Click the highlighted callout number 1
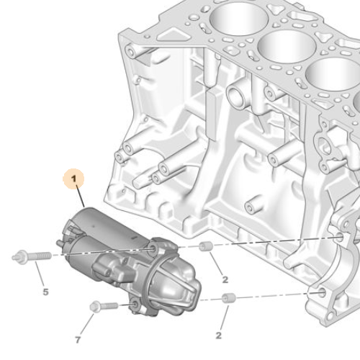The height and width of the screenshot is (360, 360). pos(73,178)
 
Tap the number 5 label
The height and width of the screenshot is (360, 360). pos(45,292)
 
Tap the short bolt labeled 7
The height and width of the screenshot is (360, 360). pos(103,307)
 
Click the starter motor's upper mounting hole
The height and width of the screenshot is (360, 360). pos(152,249)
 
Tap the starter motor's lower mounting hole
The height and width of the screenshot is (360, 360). pos(135,308)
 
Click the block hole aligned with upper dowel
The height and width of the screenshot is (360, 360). pos(341,238)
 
